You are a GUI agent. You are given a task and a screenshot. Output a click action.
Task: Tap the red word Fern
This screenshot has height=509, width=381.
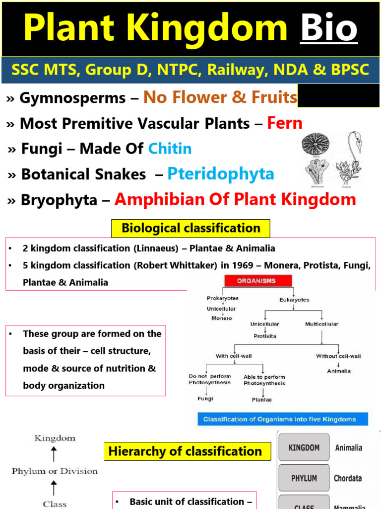click(285, 123)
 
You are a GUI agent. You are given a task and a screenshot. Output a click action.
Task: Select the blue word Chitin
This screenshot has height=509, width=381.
click(170, 148)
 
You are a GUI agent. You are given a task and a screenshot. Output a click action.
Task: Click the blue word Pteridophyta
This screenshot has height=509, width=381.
click(221, 173)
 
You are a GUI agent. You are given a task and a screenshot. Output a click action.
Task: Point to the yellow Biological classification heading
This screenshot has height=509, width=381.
click(190, 228)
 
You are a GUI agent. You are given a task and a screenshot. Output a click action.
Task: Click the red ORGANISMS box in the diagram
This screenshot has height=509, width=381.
click(256, 281)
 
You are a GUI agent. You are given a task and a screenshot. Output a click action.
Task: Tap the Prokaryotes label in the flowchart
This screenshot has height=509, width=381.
click(222, 298)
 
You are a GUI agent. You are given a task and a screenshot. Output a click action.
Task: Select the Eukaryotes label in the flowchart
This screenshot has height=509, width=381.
click(294, 300)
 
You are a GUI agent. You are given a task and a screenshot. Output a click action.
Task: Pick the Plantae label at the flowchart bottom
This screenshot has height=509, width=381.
click(261, 399)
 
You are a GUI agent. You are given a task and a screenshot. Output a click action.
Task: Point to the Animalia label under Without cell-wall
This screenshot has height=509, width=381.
click(339, 371)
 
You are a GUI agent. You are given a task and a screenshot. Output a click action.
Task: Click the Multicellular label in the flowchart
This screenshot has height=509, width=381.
click(321, 324)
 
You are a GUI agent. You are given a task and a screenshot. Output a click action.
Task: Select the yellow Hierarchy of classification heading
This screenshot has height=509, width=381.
click(185, 451)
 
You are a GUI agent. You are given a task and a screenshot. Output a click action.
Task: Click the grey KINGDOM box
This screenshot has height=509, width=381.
click(304, 448)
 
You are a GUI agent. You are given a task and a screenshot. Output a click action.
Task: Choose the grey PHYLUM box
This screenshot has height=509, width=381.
click(304, 478)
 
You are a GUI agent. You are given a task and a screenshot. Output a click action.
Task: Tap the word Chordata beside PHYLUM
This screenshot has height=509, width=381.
click(348, 478)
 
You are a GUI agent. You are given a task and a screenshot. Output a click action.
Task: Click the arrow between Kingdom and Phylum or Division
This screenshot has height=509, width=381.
click(54, 454)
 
